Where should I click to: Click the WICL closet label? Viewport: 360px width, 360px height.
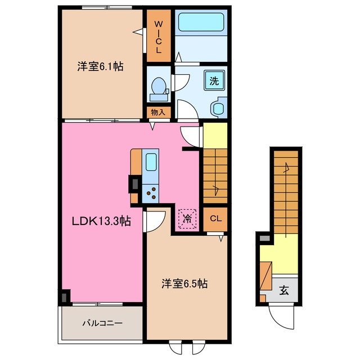(x=159, y=37)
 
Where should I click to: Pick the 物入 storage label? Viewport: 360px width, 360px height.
(x=158, y=112)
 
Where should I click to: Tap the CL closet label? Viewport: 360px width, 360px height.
(x=215, y=219)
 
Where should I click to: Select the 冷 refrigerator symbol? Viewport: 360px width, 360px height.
(x=186, y=217)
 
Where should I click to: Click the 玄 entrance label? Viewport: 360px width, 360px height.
(x=285, y=291)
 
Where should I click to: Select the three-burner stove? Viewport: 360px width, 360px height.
(x=151, y=192)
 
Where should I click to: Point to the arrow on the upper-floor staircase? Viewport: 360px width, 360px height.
(x=215, y=186)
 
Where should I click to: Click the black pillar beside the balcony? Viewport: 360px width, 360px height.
(x=65, y=296)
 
